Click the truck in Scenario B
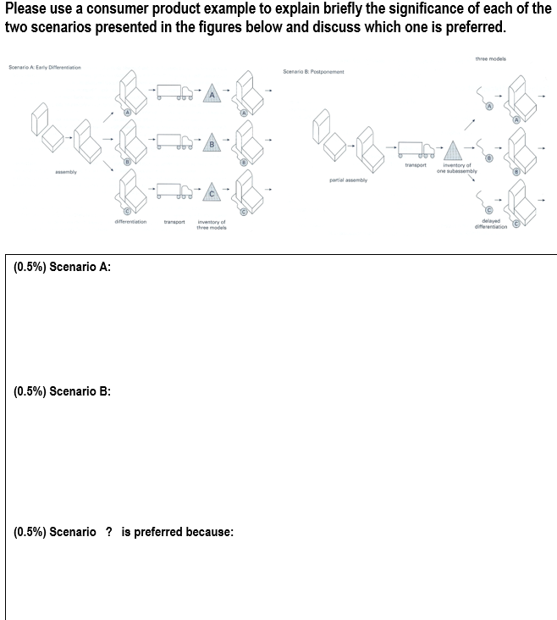point(415,149)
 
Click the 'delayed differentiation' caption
point(491,224)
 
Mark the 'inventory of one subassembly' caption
point(457,169)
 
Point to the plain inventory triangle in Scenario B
point(455,149)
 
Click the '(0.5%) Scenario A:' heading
point(63,267)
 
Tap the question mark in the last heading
point(108,532)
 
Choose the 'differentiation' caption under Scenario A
point(130,222)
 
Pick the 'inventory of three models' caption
point(211,224)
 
